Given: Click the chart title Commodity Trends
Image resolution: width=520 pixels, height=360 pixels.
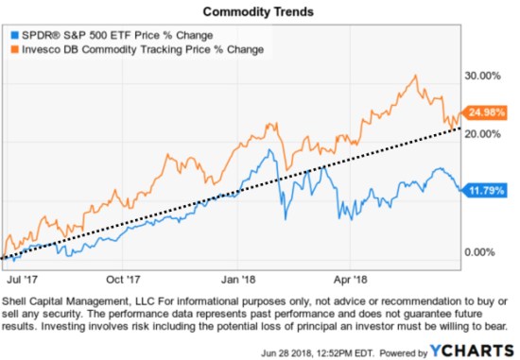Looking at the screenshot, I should (259, 10).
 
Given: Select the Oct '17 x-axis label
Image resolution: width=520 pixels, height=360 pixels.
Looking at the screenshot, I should (123, 280).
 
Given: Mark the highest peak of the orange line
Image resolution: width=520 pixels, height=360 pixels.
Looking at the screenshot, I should (416, 76).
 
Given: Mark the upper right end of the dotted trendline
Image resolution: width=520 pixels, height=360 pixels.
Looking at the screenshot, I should (461, 129).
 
